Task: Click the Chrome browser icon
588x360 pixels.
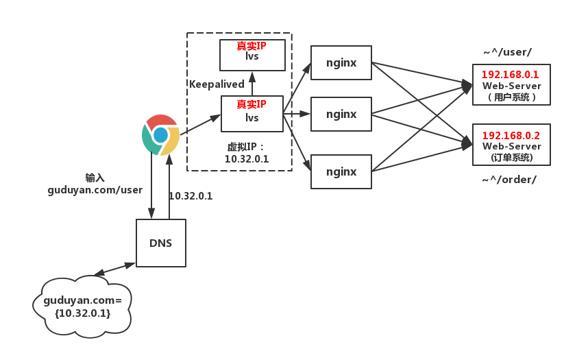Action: click(160, 135)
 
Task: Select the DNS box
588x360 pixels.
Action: click(161, 243)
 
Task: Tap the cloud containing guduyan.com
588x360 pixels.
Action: click(82, 307)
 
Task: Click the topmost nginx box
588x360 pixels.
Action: click(341, 62)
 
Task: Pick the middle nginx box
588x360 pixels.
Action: click(341, 114)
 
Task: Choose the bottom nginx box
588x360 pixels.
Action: click(341, 171)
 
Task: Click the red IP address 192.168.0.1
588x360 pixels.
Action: click(510, 74)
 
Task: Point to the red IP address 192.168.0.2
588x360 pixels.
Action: click(511, 135)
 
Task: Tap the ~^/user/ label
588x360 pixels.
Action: click(507, 52)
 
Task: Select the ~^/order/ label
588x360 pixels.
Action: click(509, 180)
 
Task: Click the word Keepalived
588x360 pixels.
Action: click(217, 84)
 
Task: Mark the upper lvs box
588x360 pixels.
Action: click(252, 55)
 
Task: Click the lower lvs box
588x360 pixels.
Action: click(252, 114)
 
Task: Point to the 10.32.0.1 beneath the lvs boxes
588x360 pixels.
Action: click(247, 159)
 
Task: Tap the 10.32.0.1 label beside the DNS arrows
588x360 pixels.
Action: click(191, 196)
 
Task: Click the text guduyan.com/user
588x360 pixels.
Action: click(95, 190)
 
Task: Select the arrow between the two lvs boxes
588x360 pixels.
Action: click(252, 84)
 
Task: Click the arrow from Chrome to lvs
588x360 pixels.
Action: click(200, 125)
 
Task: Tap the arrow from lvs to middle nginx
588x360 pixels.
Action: click(297, 113)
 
